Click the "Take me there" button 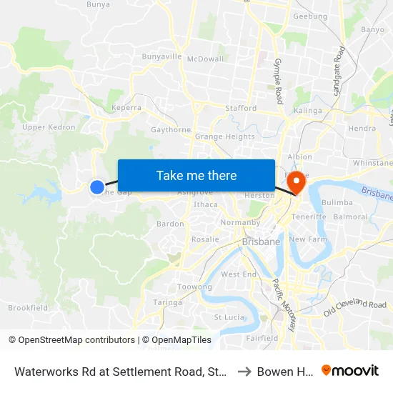[x=196, y=175]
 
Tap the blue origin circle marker [x=96, y=187]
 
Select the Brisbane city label [x=261, y=242]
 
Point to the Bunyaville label [x=162, y=56]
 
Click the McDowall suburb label [x=205, y=59]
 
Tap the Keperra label [x=126, y=109]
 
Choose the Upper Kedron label [x=49, y=128]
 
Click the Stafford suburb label [x=241, y=109]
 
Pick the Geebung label [x=310, y=16]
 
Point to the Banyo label [x=372, y=30]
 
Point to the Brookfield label [x=28, y=308]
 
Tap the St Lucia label [x=229, y=317]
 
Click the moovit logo [x=349, y=371]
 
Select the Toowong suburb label [x=194, y=287]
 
